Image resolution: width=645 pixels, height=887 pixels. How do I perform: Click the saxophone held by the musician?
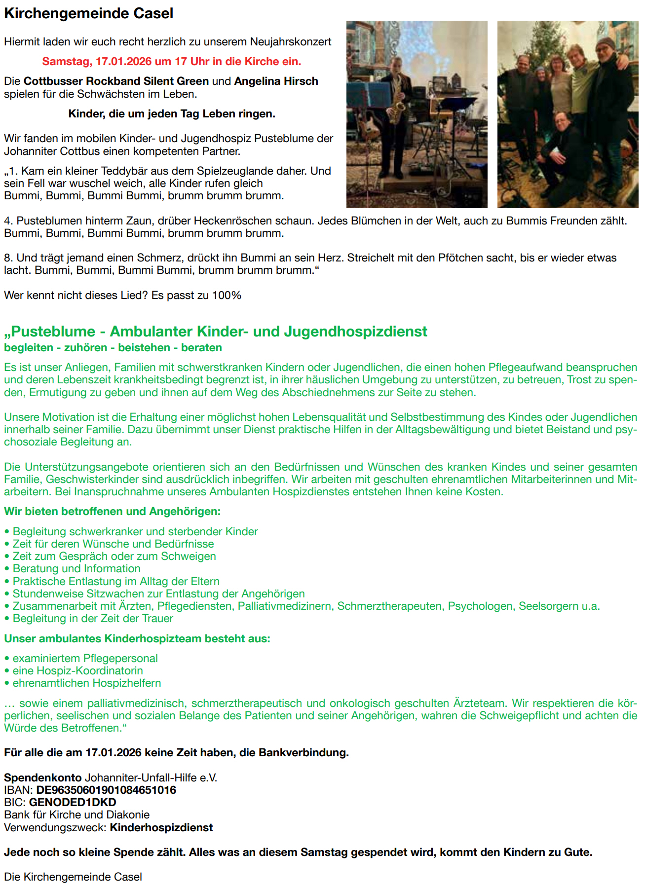[x=396, y=101]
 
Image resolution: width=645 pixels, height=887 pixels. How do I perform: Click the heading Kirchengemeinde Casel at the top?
[x=89, y=13]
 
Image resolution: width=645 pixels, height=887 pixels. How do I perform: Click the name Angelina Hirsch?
[x=276, y=81]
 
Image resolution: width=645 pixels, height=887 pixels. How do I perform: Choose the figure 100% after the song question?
[x=227, y=296]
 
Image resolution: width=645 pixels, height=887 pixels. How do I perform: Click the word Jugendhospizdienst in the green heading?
[x=340, y=332]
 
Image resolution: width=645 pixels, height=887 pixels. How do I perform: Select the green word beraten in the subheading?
[x=201, y=348]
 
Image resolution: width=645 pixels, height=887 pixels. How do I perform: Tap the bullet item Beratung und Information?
[x=76, y=569]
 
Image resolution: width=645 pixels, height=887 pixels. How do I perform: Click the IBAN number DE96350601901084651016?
[x=106, y=790]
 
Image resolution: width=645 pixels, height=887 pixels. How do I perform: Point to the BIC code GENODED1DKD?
[x=73, y=803]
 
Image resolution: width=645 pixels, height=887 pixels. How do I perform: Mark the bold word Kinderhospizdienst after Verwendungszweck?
[x=161, y=828]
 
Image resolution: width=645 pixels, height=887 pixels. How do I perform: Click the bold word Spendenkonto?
[x=43, y=778]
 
